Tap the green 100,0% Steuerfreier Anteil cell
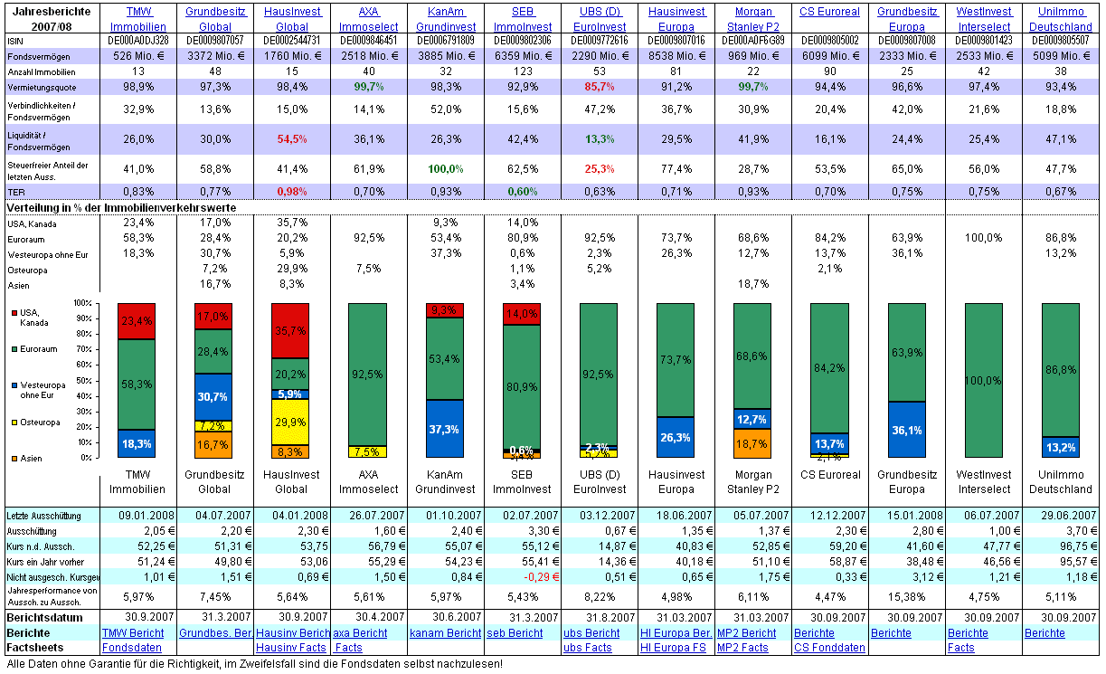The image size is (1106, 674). pyautogui.click(x=446, y=168)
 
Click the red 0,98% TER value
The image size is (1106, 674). pyautogui.click(x=292, y=191)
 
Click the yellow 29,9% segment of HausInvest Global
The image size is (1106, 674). pyautogui.click(x=291, y=422)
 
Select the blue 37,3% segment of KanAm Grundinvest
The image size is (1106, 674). pyautogui.click(x=446, y=428)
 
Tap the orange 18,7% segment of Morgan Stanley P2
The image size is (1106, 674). pyautogui.click(x=753, y=443)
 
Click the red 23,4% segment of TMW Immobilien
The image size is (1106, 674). pyautogui.click(x=137, y=321)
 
